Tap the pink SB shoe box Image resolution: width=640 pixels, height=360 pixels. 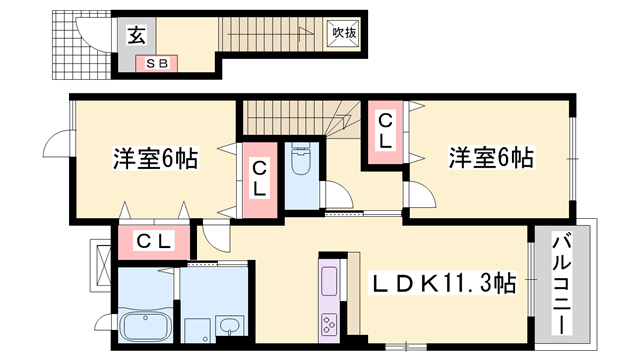tap(158, 65)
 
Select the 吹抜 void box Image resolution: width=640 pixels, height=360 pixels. tap(343, 33)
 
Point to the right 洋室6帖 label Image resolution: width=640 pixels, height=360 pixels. tap(490, 158)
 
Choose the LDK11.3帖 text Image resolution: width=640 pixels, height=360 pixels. tap(444, 285)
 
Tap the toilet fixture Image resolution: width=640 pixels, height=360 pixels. tap(299, 160)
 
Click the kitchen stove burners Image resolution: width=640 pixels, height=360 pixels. tap(329, 322)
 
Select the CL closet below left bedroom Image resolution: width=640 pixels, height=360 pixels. tap(155, 241)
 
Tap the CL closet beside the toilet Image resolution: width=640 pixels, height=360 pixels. tap(258, 179)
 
